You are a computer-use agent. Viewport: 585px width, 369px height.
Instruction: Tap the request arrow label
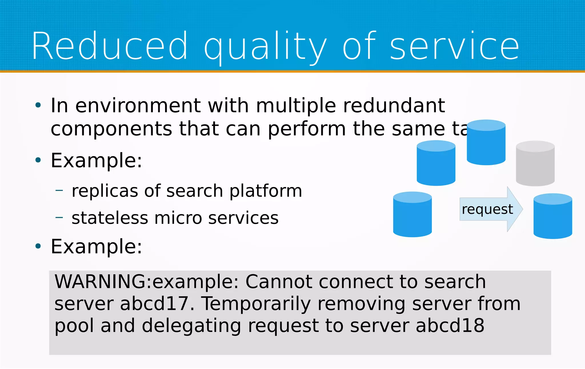[x=487, y=209]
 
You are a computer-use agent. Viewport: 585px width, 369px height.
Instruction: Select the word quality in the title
[x=265, y=47]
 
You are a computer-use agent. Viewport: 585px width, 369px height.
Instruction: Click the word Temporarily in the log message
[x=256, y=304]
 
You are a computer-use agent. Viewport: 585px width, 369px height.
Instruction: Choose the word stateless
[x=110, y=218]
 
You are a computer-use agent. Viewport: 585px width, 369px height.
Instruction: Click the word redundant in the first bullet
[x=394, y=105]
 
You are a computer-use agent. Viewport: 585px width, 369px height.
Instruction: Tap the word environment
[x=138, y=105]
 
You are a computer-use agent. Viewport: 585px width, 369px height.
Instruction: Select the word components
[x=111, y=129]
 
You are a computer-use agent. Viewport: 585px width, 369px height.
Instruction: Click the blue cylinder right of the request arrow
[x=552, y=216]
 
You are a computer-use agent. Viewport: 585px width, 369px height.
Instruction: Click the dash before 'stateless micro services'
[x=59, y=218]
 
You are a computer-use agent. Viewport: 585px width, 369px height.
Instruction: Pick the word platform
[x=266, y=191]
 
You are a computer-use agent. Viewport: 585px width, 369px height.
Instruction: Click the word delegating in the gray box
[x=191, y=326]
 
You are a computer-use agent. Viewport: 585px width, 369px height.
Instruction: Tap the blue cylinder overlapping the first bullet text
[x=486, y=142]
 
